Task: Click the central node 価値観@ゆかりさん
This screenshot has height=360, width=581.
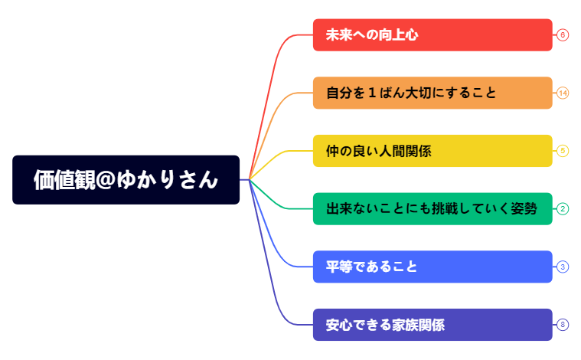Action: pos(126,180)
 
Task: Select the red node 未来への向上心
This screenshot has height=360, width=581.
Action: pos(432,35)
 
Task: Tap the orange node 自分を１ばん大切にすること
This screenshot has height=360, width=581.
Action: pos(432,93)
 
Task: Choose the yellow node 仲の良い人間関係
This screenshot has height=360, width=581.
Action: pos(432,151)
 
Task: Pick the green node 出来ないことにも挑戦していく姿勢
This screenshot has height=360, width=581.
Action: pos(432,209)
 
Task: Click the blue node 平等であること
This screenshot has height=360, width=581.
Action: pos(432,267)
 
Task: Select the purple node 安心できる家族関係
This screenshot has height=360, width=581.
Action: pos(432,325)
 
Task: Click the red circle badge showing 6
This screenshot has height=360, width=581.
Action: pos(563,35)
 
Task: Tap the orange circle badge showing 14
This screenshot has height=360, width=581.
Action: pos(563,93)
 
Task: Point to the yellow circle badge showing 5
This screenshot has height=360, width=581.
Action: pos(563,151)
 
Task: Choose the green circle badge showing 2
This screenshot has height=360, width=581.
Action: pos(563,209)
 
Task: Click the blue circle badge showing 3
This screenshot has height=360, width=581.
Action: pos(563,267)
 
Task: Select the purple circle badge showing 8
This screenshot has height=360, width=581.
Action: pos(563,325)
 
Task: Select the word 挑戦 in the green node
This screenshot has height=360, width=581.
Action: pos(439,209)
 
